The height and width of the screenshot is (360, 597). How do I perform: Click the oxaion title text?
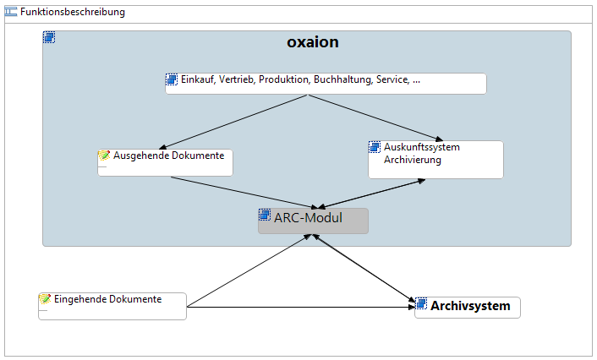pos(313,42)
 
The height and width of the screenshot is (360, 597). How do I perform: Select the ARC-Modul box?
pos(313,221)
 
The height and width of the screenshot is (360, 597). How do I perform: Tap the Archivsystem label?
pos(470,306)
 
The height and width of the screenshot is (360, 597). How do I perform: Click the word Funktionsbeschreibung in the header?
pos(73,12)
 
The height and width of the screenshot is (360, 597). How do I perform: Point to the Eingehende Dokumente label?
pos(107,299)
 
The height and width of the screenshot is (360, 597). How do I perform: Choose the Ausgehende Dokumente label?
pos(168,155)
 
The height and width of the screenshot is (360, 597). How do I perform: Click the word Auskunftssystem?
pos(421,147)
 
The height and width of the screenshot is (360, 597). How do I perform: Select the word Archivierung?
pos(413,160)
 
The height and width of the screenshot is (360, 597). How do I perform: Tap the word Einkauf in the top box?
pos(197,79)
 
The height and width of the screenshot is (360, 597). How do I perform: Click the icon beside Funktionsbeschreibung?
pos(11,12)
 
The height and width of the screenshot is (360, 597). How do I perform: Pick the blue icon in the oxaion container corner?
pos(49,37)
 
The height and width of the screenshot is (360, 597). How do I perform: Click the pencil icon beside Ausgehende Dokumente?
pos(104,155)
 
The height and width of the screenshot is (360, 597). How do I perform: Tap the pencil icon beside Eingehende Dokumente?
pos(45,299)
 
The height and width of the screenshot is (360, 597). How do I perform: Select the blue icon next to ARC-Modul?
pos(265,215)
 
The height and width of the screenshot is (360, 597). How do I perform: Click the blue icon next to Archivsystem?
pos(421,303)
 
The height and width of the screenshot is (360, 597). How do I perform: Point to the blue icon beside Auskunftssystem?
pos(375,147)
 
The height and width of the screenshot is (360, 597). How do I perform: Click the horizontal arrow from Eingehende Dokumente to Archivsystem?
pos(301,307)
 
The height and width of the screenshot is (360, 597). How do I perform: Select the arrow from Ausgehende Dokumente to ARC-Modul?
pos(244,193)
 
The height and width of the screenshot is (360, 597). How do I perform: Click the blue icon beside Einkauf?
pos(172,79)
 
